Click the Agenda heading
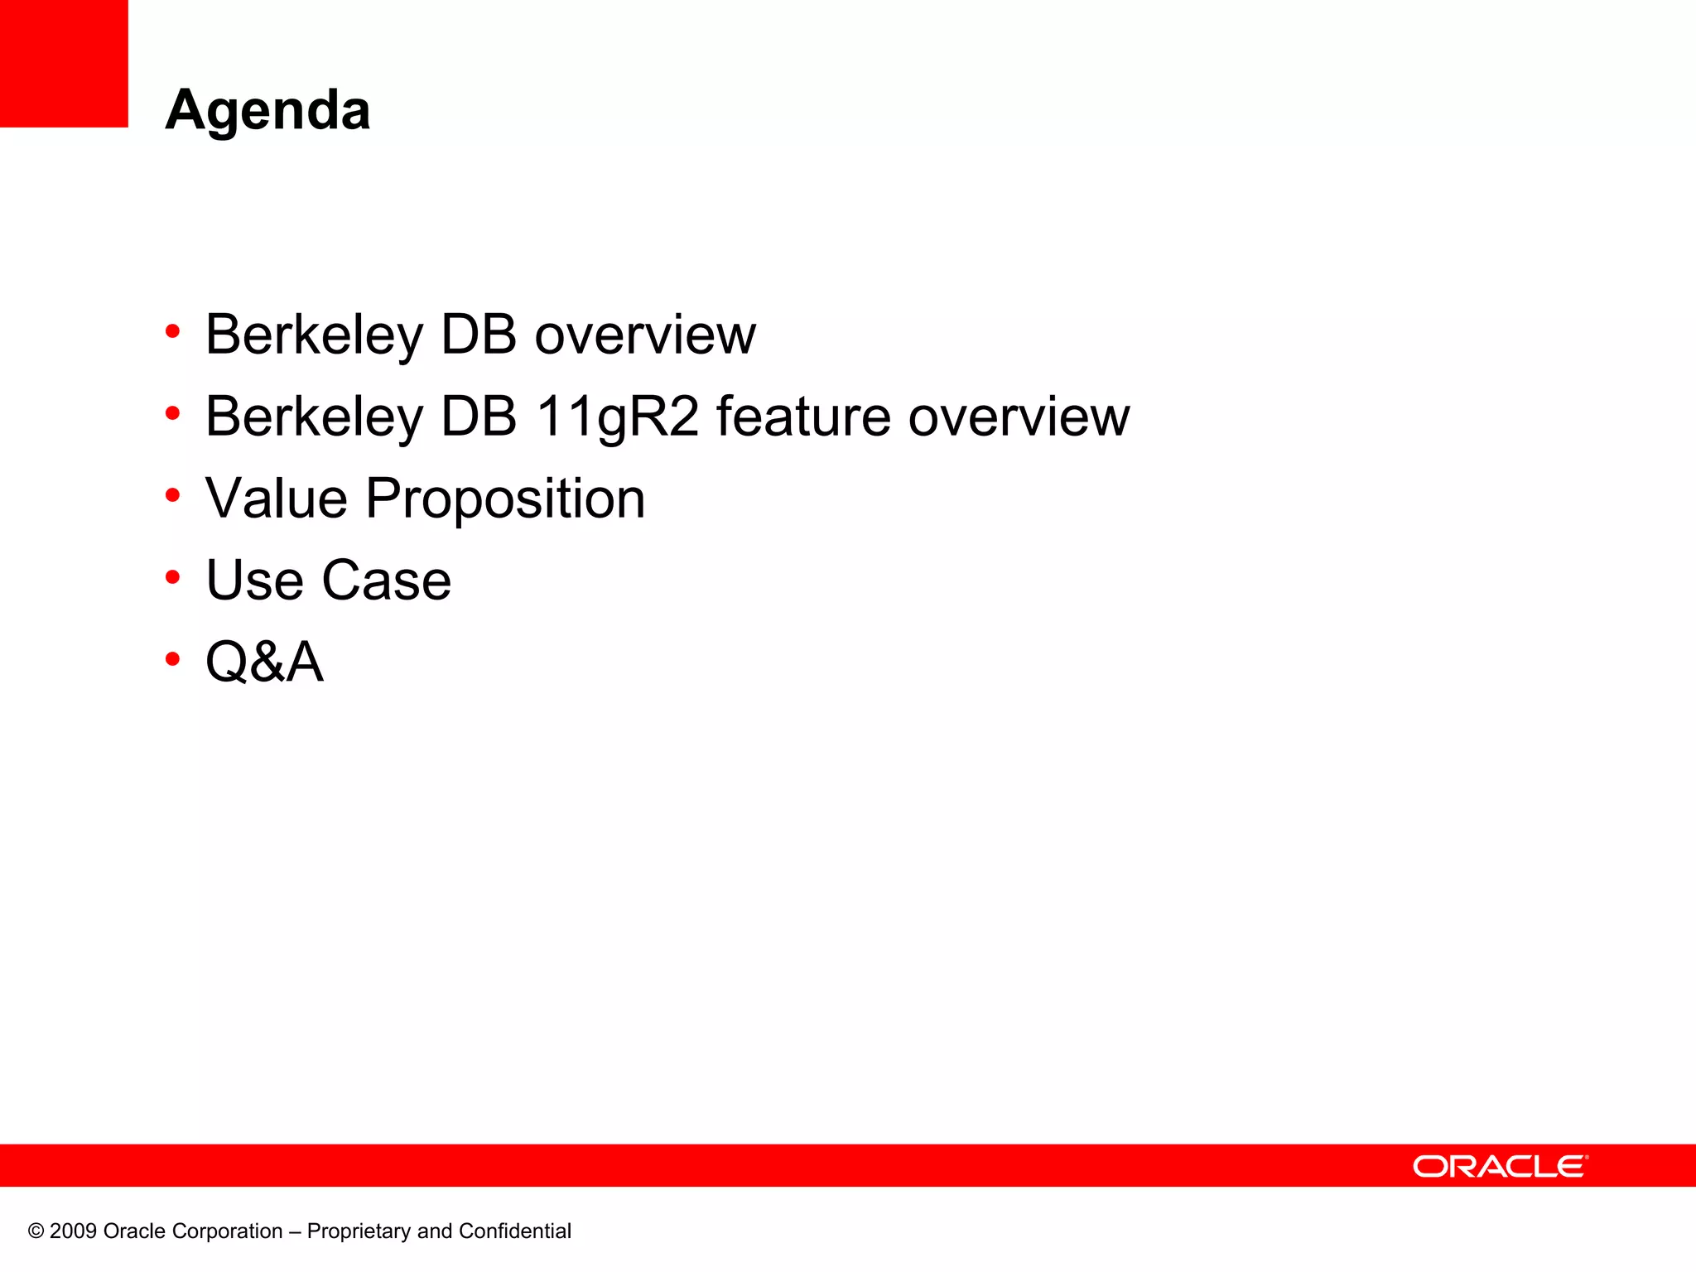(x=267, y=110)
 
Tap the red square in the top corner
(x=64, y=64)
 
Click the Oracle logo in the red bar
(x=1500, y=1166)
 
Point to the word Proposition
(x=505, y=499)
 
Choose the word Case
(x=386, y=580)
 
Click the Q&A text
(x=264, y=662)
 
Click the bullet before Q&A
(x=172, y=659)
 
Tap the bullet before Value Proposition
(x=172, y=495)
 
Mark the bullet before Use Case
(x=172, y=577)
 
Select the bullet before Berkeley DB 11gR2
(x=172, y=412)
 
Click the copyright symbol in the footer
(x=36, y=1231)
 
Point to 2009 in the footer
(x=73, y=1231)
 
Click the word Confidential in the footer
(x=514, y=1231)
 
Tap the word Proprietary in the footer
(x=359, y=1231)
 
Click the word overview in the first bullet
(x=645, y=335)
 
